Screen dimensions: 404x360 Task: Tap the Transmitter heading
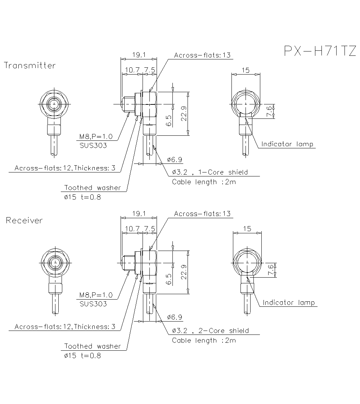pyautogui.click(x=30, y=66)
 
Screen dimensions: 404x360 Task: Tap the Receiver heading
pyautogui.click(x=24, y=220)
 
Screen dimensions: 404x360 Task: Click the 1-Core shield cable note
pyautogui.click(x=210, y=172)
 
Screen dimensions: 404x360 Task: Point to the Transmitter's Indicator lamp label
pyautogui.click(x=287, y=144)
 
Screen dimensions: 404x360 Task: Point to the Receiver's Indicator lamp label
pyautogui.click(x=289, y=302)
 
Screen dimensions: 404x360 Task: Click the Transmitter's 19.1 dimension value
pyautogui.click(x=139, y=55)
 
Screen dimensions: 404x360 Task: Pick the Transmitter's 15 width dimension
pyautogui.click(x=246, y=71)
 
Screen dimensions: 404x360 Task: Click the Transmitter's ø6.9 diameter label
pyautogui.click(x=175, y=159)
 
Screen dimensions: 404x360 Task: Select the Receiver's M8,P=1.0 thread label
pyautogui.click(x=96, y=295)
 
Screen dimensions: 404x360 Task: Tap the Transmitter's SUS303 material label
pyautogui.click(x=93, y=145)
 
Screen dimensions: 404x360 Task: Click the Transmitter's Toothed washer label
pyautogui.click(x=93, y=188)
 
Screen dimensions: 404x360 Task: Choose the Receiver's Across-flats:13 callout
pyautogui.click(x=202, y=214)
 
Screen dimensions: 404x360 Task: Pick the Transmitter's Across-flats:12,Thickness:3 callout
pyautogui.click(x=65, y=168)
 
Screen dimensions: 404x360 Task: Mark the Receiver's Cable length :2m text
pyautogui.click(x=204, y=340)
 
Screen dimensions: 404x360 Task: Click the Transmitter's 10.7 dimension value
pyautogui.click(x=132, y=70)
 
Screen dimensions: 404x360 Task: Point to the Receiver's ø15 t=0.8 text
pyautogui.click(x=82, y=356)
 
